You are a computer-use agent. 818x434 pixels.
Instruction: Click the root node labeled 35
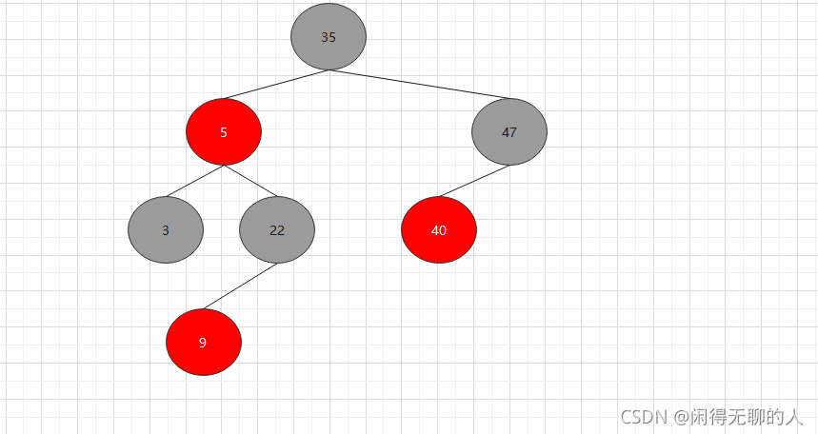[329, 36]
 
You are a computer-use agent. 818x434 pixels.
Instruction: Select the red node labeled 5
[224, 132]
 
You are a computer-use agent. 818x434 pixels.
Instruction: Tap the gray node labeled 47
[509, 132]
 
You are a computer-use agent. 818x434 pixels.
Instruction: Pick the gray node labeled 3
[166, 229]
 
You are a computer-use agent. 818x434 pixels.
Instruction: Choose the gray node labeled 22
[277, 229]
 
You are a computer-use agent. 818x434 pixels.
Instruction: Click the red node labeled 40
[439, 229]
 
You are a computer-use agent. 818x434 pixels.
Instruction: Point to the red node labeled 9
[204, 343]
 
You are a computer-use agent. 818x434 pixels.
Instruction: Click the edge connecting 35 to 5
[276, 85]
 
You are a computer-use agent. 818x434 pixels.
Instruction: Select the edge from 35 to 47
[419, 85]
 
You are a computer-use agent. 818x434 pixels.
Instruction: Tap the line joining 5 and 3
[195, 181]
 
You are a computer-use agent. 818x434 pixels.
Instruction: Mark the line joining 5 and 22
[250, 181]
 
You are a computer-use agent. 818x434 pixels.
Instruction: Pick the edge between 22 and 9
[240, 286]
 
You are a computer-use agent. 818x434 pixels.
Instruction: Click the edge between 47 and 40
[474, 181]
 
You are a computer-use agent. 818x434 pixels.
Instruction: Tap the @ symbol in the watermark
[681, 417]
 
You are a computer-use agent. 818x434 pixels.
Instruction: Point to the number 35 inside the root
[329, 38]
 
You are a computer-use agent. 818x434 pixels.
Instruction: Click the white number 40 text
[439, 230]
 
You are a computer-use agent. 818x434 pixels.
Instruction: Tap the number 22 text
[277, 230]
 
